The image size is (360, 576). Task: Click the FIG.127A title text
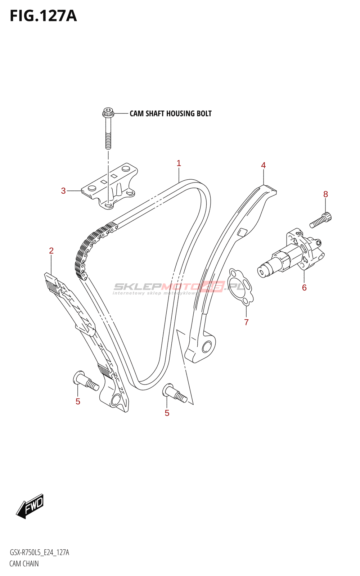[x=43, y=16]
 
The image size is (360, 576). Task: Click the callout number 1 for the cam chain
[x=179, y=163]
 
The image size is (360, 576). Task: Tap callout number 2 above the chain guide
[x=51, y=251]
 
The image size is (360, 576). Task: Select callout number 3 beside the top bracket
[x=63, y=191]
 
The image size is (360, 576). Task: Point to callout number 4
[x=263, y=165]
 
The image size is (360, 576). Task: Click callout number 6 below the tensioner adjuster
[x=304, y=287]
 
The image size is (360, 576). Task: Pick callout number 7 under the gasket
[x=246, y=322]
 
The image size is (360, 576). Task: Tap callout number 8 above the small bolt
[x=325, y=194]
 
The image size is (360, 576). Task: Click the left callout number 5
[x=78, y=401]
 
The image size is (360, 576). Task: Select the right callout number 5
[x=167, y=413]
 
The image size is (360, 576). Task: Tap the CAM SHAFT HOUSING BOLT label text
[x=170, y=114]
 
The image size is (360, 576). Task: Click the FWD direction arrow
[x=31, y=506]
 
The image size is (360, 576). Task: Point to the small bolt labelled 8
[x=320, y=220]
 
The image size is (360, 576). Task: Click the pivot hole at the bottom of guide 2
[x=117, y=400]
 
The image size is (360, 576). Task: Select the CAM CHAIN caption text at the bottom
[x=24, y=563]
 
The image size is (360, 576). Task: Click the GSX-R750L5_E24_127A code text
[x=39, y=553]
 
